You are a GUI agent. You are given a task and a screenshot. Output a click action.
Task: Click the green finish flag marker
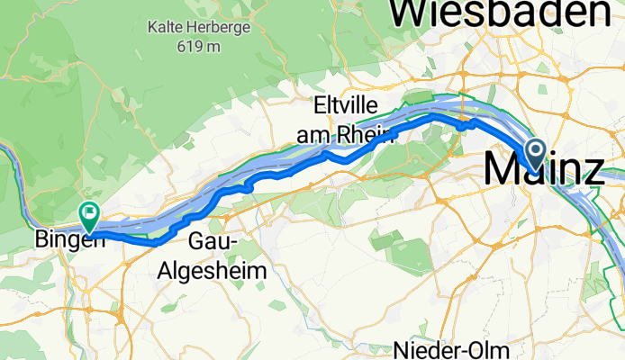pos(89,214)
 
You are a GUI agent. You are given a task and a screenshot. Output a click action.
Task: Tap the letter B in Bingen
pos(41,241)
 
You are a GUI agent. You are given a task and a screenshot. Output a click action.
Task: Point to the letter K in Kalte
pos(154,27)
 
